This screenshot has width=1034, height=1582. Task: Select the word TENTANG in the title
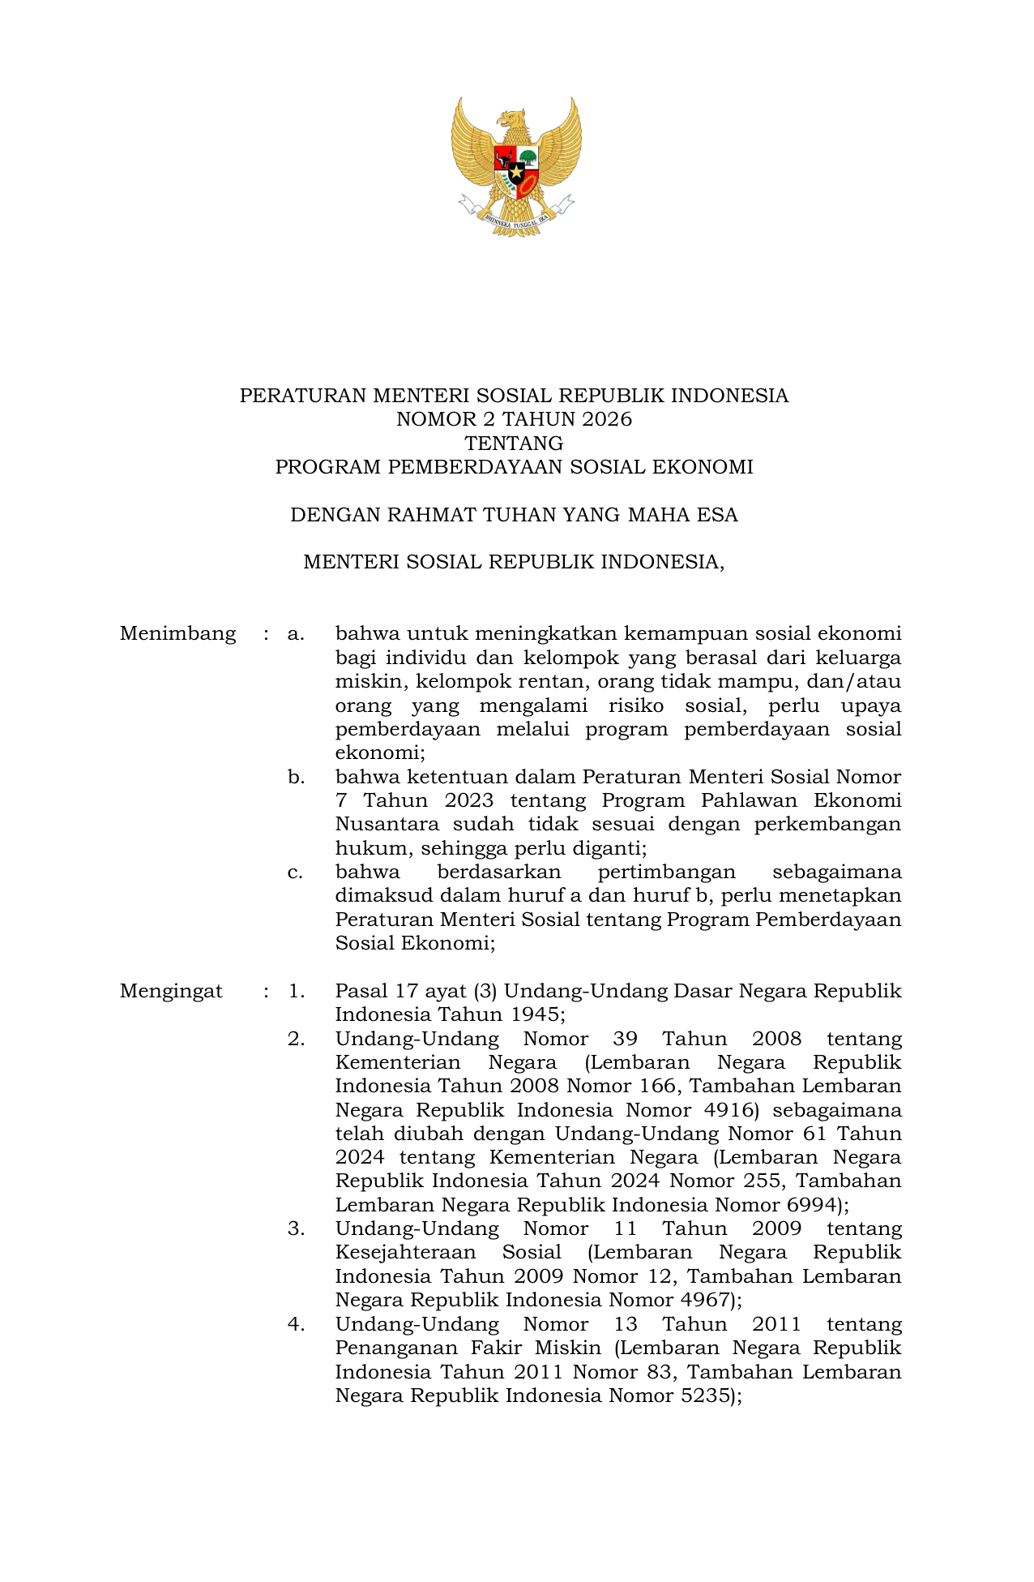pyautogui.click(x=514, y=444)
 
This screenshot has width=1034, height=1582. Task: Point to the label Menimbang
pyautogui.click(x=177, y=633)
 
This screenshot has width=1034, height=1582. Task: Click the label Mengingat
pyautogui.click(x=171, y=991)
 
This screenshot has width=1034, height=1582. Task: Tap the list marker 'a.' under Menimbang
pyautogui.click(x=296, y=633)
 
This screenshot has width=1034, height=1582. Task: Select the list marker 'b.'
pyautogui.click(x=296, y=777)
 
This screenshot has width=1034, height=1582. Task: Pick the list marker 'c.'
pyautogui.click(x=296, y=872)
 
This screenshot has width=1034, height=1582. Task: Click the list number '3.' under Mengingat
pyautogui.click(x=296, y=1228)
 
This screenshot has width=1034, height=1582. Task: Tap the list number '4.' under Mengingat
pyautogui.click(x=296, y=1324)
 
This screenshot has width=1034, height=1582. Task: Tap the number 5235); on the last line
pyautogui.click(x=711, y=1396)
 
